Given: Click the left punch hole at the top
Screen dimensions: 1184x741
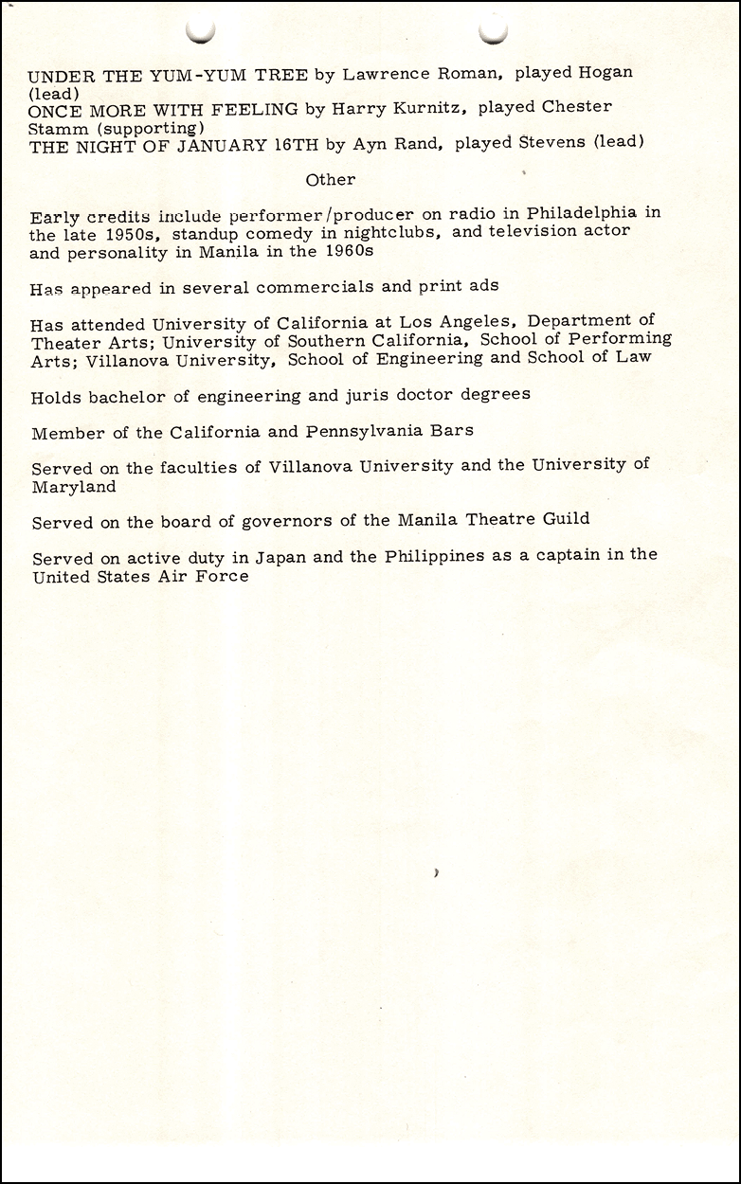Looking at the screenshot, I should pos(201,30).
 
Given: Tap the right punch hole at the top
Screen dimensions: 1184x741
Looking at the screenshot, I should pos(494,30).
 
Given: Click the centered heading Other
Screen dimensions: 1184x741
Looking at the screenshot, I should pos(331,179).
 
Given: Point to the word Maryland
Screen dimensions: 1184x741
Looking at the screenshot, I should pos(74,486).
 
